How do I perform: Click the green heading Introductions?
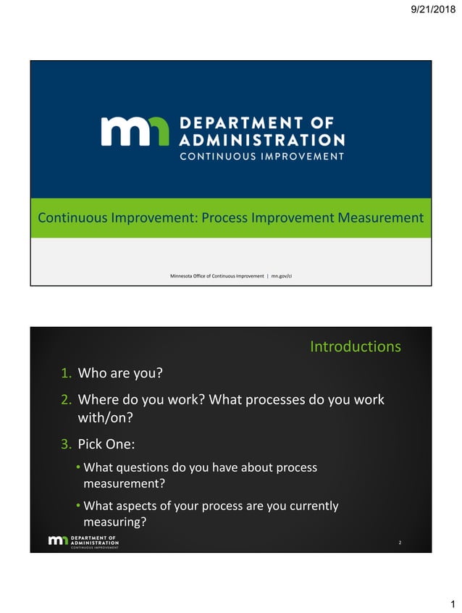click(x=355, y=346)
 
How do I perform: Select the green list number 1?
click(x=65, y=374)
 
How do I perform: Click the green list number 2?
click(x=65, y=400)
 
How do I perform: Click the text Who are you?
click(x=119, y=374)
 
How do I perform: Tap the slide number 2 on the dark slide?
click(x=400, y=541)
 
